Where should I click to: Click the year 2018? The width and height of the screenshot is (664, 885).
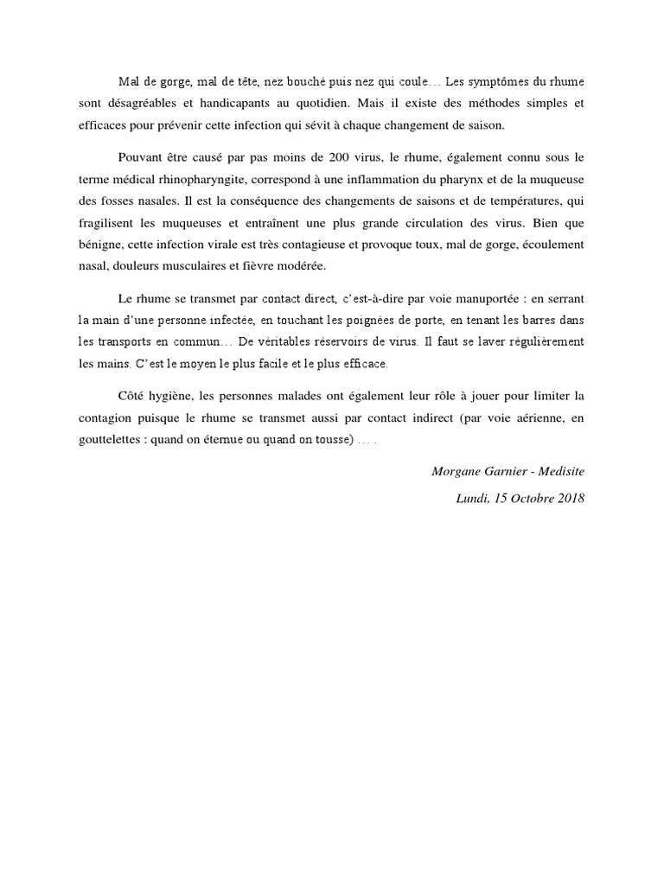point(571,499)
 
